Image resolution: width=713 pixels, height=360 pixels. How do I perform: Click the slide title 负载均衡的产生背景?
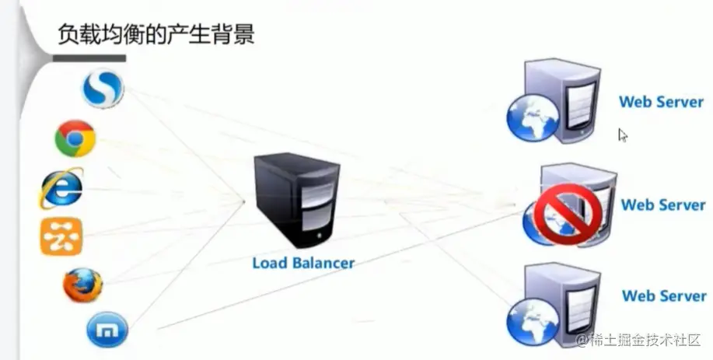tap(156, 34)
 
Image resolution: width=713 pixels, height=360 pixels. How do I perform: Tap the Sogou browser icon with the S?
tap(103, 87)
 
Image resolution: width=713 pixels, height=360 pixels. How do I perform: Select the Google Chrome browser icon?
tap(75, 139)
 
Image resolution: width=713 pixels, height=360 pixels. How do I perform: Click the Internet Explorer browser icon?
tap(61, 188)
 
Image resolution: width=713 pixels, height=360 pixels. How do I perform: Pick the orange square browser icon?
tap(61, 237)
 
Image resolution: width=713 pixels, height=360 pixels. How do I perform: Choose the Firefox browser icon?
tap(82, 285)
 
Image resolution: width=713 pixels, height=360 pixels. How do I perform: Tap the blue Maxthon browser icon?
tap(107, 330)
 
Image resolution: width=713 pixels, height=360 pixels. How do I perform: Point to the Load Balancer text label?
tap(303, 263)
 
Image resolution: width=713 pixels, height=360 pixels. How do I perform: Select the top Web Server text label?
tap(661, 101)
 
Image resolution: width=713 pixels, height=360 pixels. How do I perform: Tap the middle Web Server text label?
tap(662, 205)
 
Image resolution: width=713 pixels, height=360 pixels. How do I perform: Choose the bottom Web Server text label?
tap(663, 295)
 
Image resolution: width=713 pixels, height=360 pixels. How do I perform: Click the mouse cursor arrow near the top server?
tap(622, 135)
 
